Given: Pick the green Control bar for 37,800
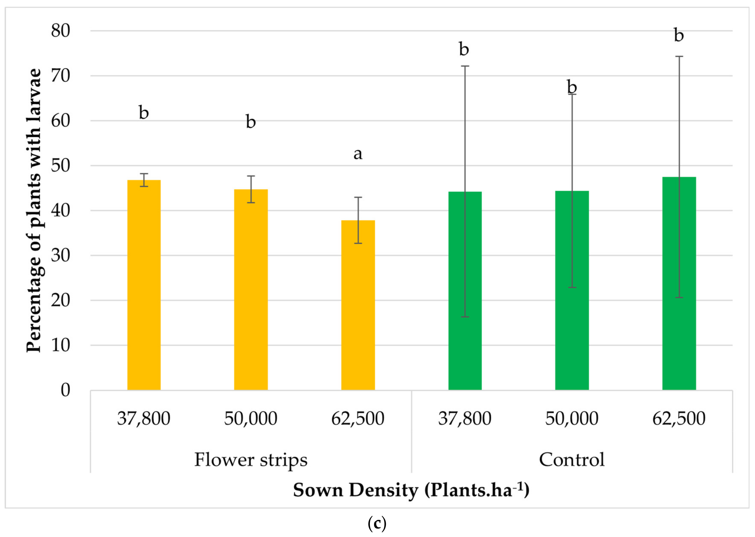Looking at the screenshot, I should pyautogui.click(x=465, y=291).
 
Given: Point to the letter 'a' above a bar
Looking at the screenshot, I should pyautogui.click(x=358, y=154).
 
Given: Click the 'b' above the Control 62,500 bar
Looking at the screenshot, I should pyautogui.click(x=679, y=35).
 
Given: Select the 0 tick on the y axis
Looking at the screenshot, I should pyautogui.click(x=66, y=390).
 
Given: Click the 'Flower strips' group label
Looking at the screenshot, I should pyautogui.click(x=251, y=460).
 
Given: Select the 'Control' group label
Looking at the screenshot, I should pyautogui.click(x=572, y=460).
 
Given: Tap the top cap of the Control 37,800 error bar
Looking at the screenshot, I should pyautogui.click(x=465, y=66).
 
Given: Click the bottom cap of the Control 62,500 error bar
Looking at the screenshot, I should pyautogui.click(x=679, y=298).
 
